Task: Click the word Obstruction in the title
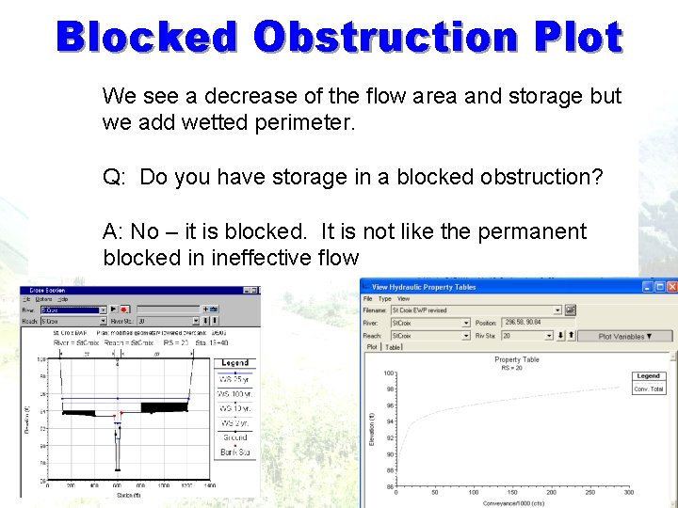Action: [386, 38]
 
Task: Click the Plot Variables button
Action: [624, 336]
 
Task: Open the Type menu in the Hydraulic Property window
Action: [384, 298]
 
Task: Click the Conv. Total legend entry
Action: [649, 389]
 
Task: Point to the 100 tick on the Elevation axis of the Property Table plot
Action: [388, 373]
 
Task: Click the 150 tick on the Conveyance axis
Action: [511, 492]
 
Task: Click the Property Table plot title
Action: [517, 359]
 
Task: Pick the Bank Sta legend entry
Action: [234, 452]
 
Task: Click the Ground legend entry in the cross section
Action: [234, 437]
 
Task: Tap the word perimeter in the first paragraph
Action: [302, 122]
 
